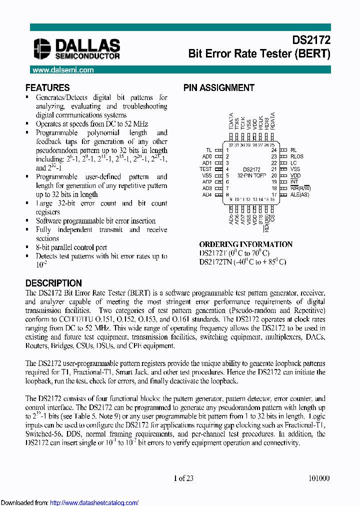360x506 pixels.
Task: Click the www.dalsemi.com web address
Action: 62,70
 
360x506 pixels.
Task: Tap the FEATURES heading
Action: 47,87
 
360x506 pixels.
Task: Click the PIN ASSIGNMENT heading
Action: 219,87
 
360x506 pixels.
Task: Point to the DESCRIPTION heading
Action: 53,283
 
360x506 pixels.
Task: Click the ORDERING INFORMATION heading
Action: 246,244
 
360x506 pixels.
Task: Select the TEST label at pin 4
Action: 206,169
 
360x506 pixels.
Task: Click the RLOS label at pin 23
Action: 297,156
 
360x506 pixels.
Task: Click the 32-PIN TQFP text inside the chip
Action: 252,175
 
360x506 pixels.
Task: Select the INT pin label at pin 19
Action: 294,182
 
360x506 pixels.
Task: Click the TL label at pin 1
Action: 209,150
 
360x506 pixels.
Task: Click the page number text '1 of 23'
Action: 183,478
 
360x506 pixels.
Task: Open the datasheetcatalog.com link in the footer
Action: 94,502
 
